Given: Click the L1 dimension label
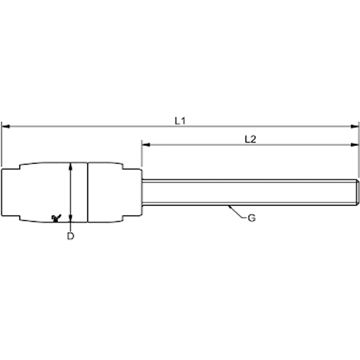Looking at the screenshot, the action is (x=180, y=121).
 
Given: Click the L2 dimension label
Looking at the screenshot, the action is (x=250, y=139).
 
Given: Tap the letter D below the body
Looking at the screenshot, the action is (x=71, y=236).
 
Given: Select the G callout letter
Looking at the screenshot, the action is (x=252, y=218).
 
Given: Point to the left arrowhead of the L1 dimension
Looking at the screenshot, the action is (x=6, y=126).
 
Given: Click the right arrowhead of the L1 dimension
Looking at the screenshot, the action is (x=355, y=126).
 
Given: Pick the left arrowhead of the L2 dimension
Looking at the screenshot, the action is (x=146, y=144).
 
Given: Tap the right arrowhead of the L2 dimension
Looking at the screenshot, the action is (x=355, y=144).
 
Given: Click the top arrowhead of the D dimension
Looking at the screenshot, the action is (x=71, y=166).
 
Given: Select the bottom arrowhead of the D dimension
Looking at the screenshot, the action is (x=71, y=218).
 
